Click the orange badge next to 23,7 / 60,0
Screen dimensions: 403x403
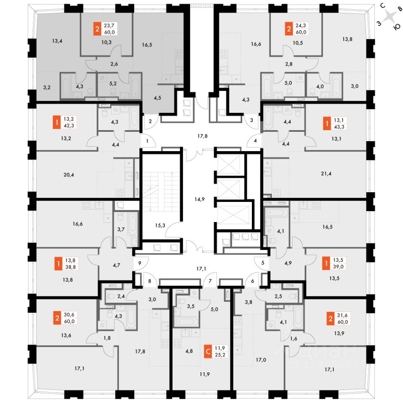click(x=97, y=29)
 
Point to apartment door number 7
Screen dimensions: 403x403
click(x=210, y=281)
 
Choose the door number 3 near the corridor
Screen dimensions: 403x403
click(x=251, y=120)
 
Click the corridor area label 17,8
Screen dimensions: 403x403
click(x=203, y=136)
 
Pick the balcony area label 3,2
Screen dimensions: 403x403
click(x=47, y=88)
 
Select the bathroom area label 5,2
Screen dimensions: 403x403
click(x=113, y=84)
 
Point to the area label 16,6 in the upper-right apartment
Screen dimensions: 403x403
click(x=256, y=43)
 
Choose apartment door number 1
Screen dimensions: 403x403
click(x=147, y=141)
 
